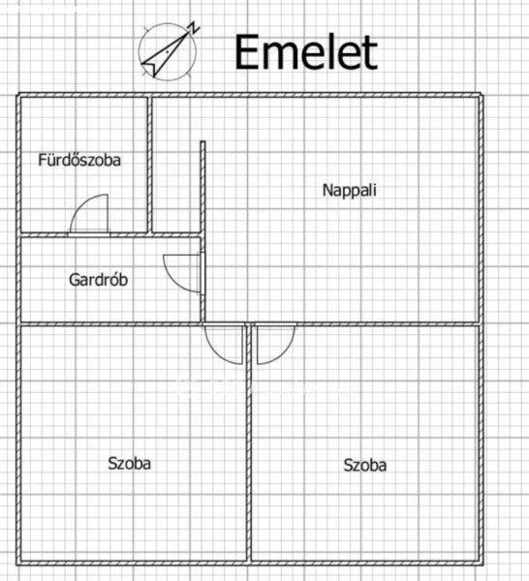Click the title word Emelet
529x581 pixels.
[x=306, y=52]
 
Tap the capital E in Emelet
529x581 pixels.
[x=246, y=52]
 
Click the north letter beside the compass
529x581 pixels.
[x=193, y=28]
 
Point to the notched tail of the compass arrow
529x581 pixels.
[x=150, y=68]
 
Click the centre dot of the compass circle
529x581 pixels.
[x=168, y=52]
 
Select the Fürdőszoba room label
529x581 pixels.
[x=79, y=160]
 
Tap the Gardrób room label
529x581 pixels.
[x=98, y=280]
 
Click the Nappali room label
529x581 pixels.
[x=349, y=191]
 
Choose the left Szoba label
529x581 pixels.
[x=130, y=464]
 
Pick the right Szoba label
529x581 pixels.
[x=364, y=466]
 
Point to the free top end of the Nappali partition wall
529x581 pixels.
[x=202, y=142]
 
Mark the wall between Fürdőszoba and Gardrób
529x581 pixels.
[x=110, y=235]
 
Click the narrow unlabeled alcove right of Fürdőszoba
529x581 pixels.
[x=176, y=165]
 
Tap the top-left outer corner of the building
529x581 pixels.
[x=17, y=94]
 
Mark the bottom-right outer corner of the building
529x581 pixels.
[x=482, y=565]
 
